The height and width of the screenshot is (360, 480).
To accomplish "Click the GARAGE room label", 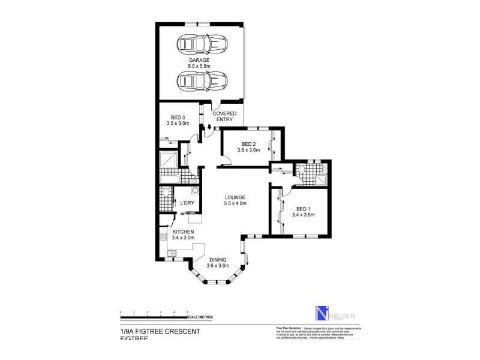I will click(x=200, y=61).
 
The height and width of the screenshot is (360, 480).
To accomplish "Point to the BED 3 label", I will click(x=178, y=117).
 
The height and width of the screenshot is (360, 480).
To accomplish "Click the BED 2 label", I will click(x=249, y=144).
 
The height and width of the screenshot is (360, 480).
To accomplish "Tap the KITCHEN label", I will click(x=183, y=232).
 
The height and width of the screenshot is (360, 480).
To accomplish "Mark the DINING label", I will click(x=218, y=259).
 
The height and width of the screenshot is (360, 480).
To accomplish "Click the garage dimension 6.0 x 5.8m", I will click(x=200, y=67).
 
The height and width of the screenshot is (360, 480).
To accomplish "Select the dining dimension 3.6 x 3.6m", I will click(x=218, y=266).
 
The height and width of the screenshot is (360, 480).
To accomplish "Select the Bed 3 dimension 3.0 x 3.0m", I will click(x=178, y=123).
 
